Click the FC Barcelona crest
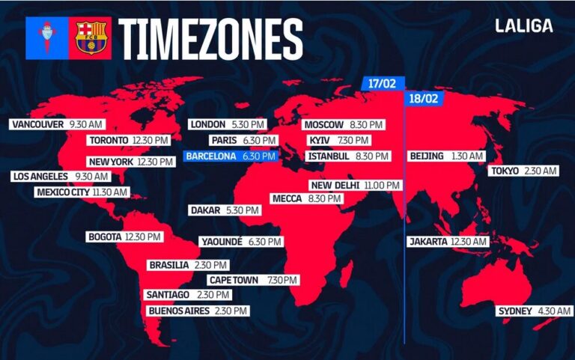point(90,38)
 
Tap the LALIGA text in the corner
point(524,25)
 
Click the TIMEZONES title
point(210,38)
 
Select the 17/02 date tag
point(382,83)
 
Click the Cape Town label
point(234,280)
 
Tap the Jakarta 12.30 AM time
point(469,242)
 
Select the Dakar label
point(205,210)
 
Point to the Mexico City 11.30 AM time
point(109,192)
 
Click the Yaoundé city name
point(222,242)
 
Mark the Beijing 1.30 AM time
point(466,156)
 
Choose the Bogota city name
point(105,237)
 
